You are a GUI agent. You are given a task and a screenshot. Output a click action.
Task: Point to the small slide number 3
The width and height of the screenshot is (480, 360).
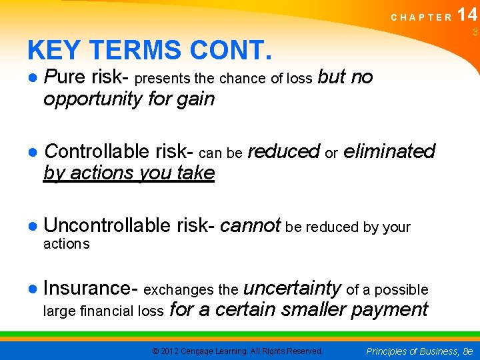(x=475, y=33)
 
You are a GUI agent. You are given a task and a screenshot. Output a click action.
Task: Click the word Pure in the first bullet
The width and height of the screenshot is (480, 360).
(x=65, y=77)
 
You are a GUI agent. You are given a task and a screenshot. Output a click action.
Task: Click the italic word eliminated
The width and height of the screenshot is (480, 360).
(x=389, y=151)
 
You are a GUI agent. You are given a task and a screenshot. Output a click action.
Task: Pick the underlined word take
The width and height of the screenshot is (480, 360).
(x=195, y=173)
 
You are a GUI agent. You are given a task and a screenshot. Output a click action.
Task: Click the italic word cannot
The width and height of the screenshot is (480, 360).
(x=250, y=226)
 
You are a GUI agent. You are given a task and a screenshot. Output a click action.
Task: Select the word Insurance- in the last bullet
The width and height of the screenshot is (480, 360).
(x=90, y=288)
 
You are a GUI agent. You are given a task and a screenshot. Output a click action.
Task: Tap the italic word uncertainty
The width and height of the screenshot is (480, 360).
(x=293, y=288)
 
